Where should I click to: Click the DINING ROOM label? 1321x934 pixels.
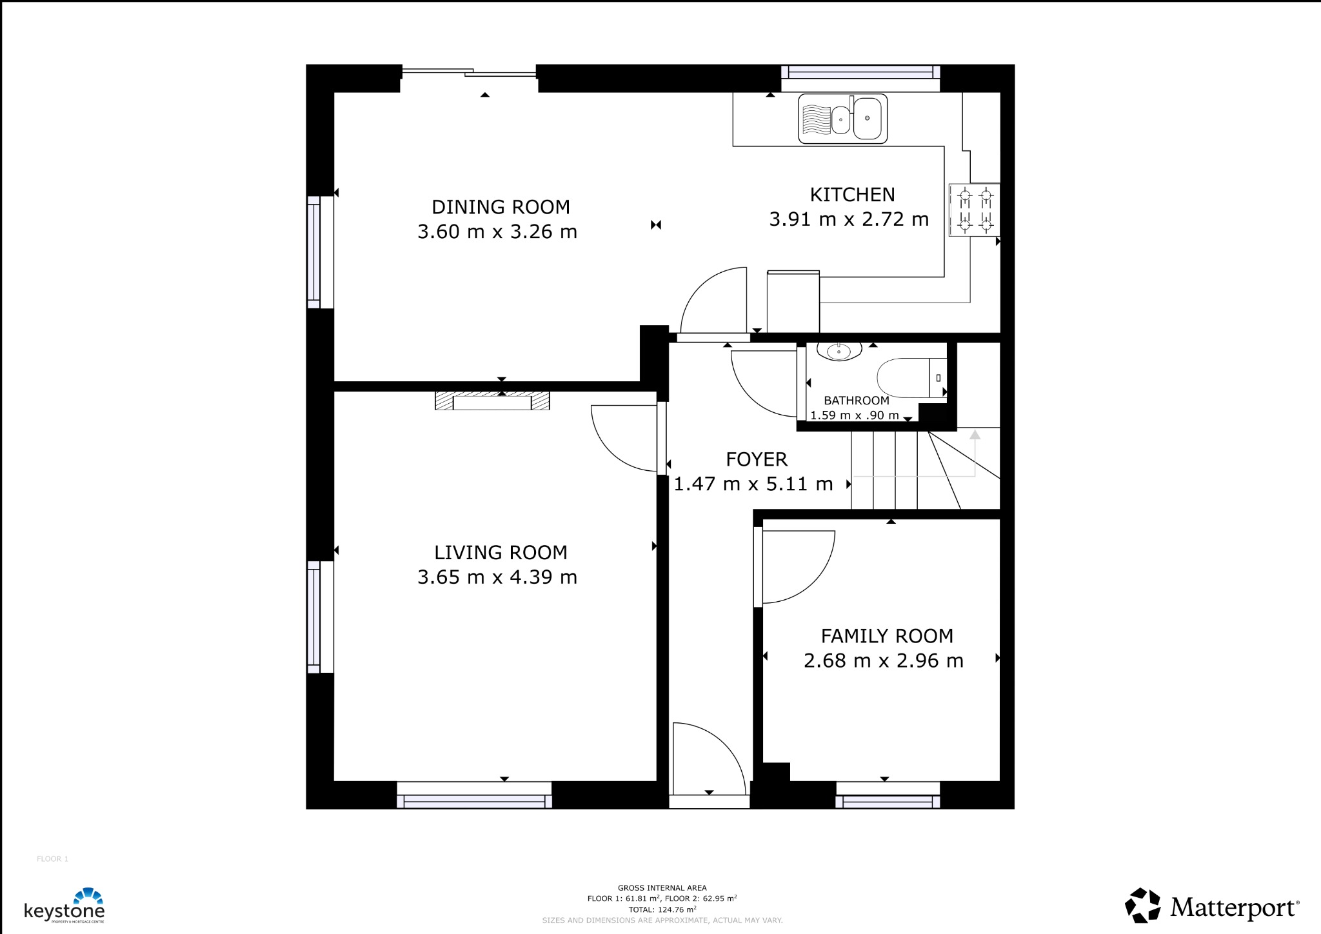(x=501, y=207)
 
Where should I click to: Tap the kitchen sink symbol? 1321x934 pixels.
(x=842, y=119)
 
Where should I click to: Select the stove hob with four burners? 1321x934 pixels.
(x=975, y=210)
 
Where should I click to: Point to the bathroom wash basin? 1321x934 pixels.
(x=839, y=351)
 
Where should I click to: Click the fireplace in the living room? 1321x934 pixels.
(x=492, y=401)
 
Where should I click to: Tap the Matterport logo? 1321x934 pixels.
(x=1212, y=906)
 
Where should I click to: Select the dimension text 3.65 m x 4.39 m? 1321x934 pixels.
(x=497, y=577)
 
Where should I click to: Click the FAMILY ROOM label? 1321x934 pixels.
(x=887, y=636)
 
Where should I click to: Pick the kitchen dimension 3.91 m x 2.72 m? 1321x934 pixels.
(x=849, y=219)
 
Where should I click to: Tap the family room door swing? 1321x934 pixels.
(x=797, y=566)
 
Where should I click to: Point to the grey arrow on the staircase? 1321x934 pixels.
(x=975, y=436)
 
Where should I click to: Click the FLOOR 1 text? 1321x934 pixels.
(x=52, y=859)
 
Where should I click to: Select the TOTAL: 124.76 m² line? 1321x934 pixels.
(x=662, y=909)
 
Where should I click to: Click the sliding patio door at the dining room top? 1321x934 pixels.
(x=469, y=73)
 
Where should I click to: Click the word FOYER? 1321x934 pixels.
(x=757, y=459)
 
